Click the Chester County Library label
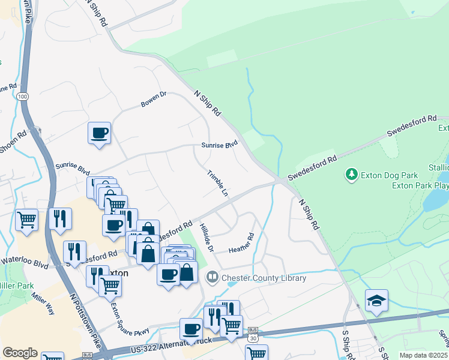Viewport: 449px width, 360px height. coord(264,278)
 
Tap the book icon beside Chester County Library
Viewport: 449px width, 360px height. coord(212,277)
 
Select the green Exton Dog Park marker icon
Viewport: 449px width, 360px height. coord(351,175)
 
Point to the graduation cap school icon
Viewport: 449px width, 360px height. coord(376,301)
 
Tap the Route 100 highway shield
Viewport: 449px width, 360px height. coord(23,97)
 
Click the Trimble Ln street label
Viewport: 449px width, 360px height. coord(217,184)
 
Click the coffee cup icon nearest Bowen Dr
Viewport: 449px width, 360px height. coord(99,133)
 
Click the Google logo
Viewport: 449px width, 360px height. coord(20,353)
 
